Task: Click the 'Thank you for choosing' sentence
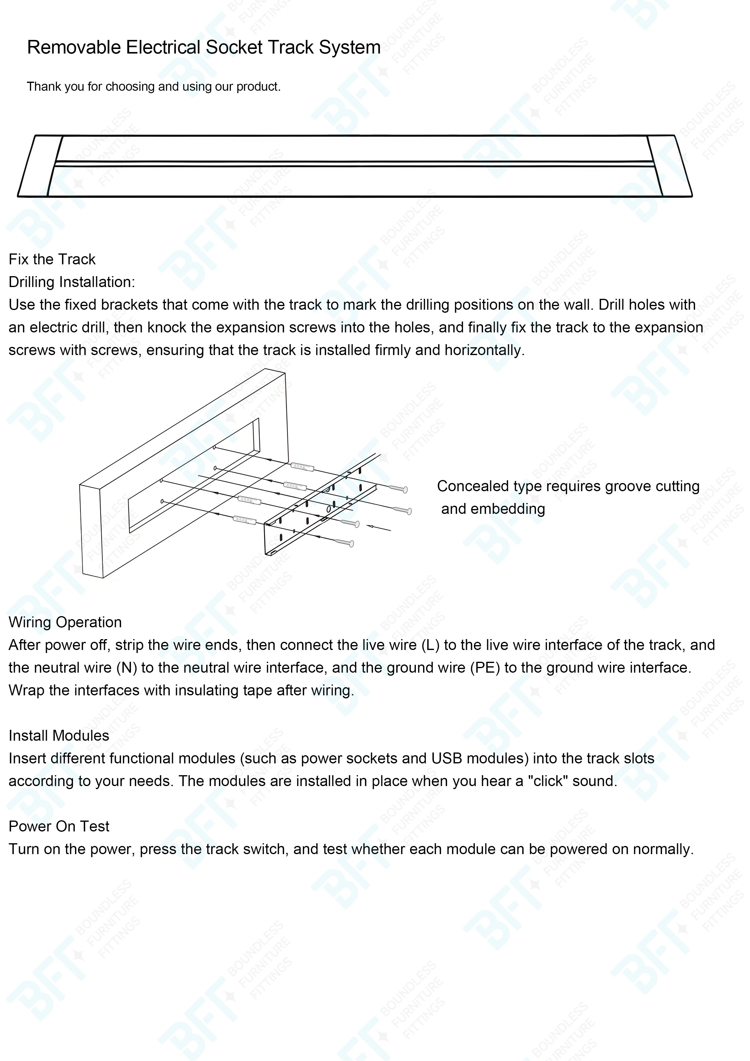coord(153,87)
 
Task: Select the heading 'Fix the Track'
coord(52,259)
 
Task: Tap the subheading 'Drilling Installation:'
coord(72,282)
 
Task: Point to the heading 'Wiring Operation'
coord(65,622)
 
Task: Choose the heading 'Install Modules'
coord(59,736)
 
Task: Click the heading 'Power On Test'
coord(59,826)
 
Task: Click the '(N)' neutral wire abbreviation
coord(127,668)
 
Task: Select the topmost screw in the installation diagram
coord(398,489)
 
